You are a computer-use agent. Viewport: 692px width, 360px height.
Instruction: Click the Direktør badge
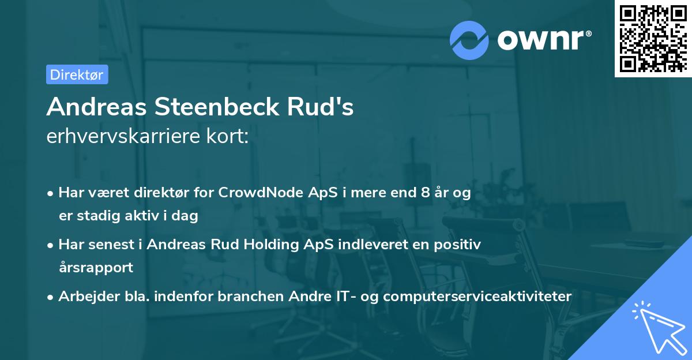coord(77,74)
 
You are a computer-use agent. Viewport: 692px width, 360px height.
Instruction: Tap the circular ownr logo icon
coord(470,40)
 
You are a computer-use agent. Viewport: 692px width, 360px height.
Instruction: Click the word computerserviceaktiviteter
coord(477,296)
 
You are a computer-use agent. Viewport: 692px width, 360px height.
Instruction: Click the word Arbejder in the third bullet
coord(84,296)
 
